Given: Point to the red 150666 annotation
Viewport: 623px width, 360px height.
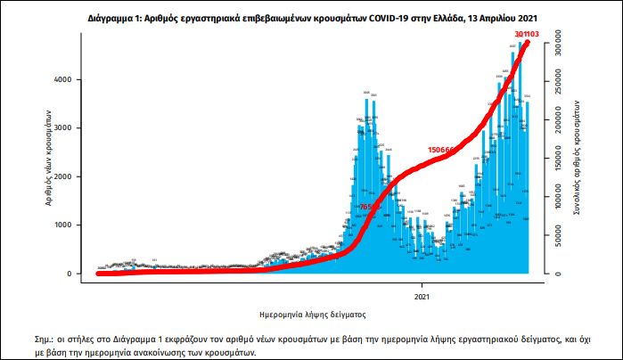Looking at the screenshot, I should tap(442, 150).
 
